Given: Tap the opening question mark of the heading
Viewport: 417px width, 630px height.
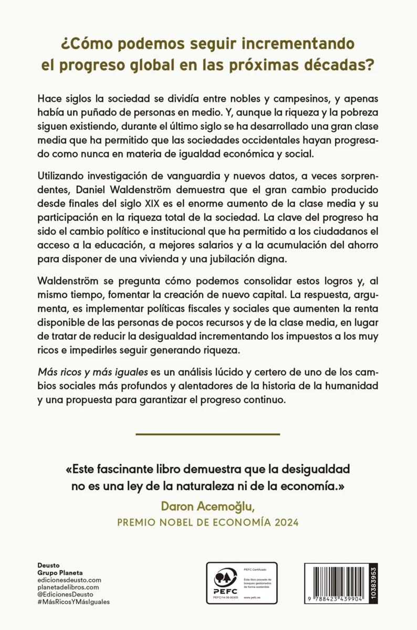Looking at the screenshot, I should pyautogui.click(x=66, y=43).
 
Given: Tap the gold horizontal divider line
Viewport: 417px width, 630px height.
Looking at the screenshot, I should pyautogui.click(x=208, y=434).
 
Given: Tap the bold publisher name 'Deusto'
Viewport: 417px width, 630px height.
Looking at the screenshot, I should pyautogui.click(x=49, y=565).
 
